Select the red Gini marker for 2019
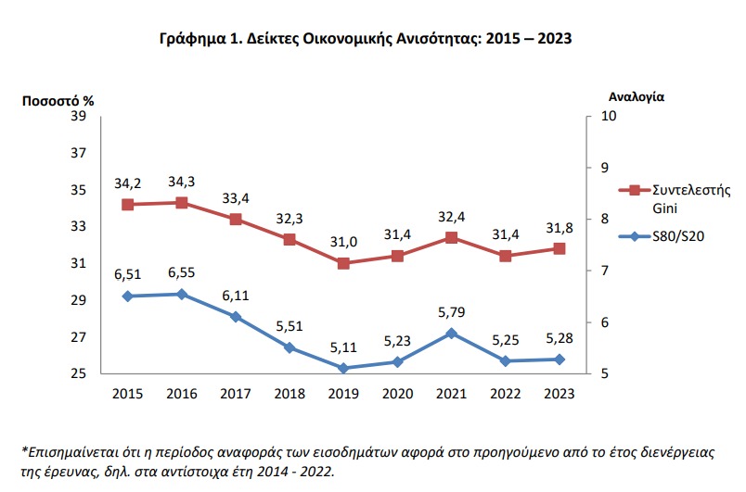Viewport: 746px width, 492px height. click(343, 263)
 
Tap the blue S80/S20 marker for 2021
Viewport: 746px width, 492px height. click(451, 333)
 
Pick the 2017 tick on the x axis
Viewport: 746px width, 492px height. click(236, 394)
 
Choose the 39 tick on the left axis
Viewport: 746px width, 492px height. click(79, 116)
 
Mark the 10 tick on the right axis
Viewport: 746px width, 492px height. click(610, 116)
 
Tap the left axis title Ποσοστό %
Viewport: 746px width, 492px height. click(58, 98)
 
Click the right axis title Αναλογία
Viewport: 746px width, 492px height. click(637, 96)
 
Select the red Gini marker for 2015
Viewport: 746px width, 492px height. click(128, 204)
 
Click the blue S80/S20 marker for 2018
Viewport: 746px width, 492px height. click(289, 347)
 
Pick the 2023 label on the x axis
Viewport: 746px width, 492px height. click(559, 394)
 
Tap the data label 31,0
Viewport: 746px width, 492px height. click(343, 243)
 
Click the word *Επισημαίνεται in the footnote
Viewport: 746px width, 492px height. click(69, 451)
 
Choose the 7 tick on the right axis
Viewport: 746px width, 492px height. click(606, 271)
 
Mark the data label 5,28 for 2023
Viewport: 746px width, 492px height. click(559, 338)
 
